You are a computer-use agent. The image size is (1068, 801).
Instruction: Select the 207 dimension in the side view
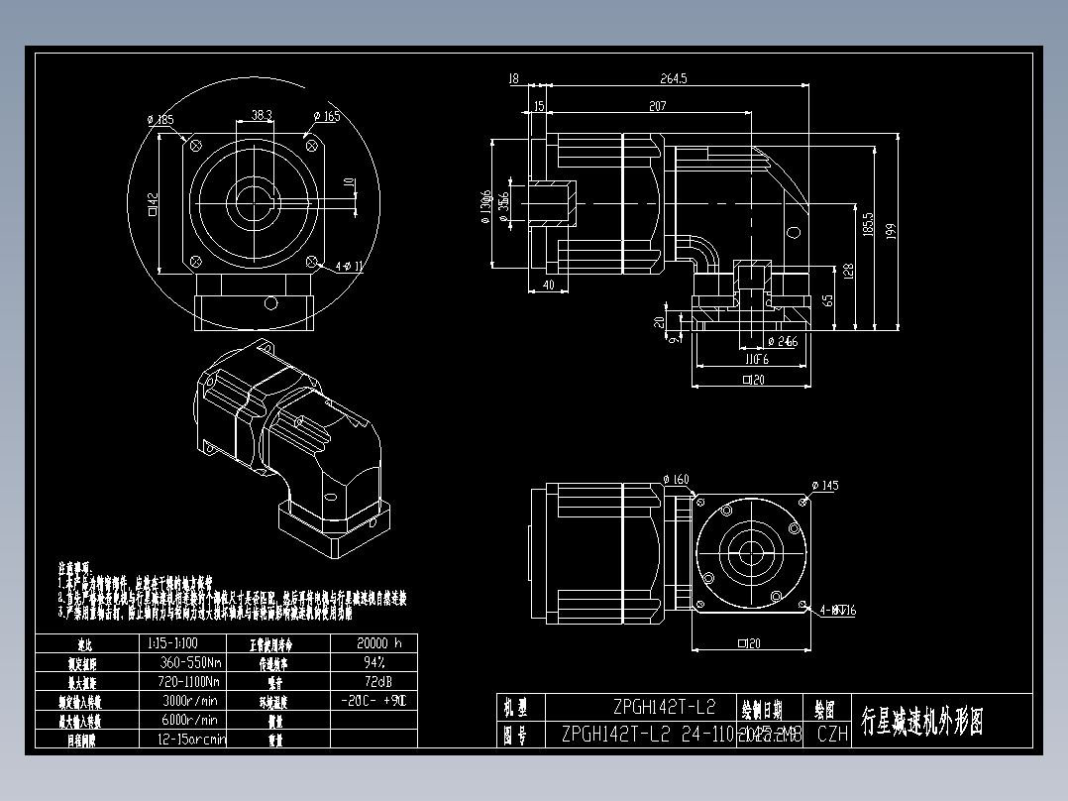tap(657, 105)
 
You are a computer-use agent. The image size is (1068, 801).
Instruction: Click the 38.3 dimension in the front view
tap(262, 116)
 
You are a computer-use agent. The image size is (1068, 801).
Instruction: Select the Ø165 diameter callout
tap(327, 117)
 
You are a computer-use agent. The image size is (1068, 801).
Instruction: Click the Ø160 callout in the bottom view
tap(676, 480)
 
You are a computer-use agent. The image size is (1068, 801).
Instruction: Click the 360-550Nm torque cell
tap(189, 661)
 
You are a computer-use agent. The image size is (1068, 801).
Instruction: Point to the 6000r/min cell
tap(189, 720)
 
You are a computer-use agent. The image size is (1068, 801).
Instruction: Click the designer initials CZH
tap(832, 735)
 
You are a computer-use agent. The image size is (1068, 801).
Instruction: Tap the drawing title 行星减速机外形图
tap(922, 722)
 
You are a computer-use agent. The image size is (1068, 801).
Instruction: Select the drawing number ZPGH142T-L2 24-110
tap(647, 735)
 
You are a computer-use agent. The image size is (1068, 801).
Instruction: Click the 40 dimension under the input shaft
tap(549, 286)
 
